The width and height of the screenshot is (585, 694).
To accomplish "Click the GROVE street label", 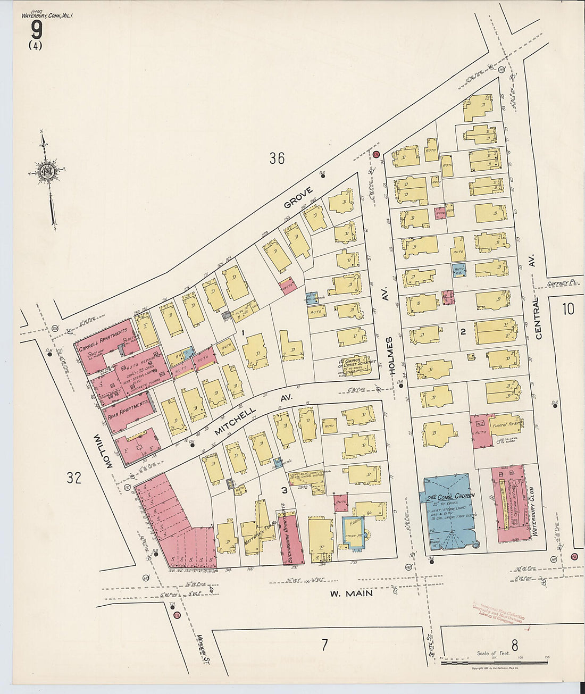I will click(x=297, y=197).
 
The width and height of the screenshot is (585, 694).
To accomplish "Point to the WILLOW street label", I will click(x=103, y=451).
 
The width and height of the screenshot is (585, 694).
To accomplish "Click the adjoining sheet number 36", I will click(x=277, y=158).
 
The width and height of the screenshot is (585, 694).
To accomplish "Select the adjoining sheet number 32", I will click(x=74, y=478).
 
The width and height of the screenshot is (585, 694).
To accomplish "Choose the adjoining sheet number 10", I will click(x=568, y=308).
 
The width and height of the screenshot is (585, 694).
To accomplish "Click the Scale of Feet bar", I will click(x=495, y=662).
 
